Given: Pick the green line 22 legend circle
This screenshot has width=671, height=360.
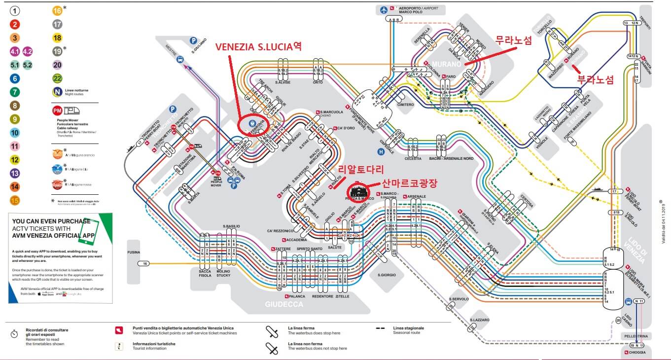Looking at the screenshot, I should pyautogui.click(x=57, y=78).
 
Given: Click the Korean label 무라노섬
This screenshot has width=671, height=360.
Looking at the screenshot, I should pyautogui.click(x=513, y=41).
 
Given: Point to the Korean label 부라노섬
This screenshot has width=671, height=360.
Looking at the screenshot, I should pyautogui.click(x=596, y=79).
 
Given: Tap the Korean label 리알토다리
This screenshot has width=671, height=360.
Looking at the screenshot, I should pyautogui.click(x=360, y=170).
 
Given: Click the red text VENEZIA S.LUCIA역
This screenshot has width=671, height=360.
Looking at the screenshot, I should pyautogui.click(x=258, y=47).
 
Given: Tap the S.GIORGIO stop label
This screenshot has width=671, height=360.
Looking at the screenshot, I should pyautogui.click(x=385, y=275).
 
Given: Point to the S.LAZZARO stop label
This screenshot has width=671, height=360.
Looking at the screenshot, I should pyautogui.click(x=479, y=320).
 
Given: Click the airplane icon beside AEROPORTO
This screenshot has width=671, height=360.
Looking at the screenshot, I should pyautogui.click(x=383, y=9).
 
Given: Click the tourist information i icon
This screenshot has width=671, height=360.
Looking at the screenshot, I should pyautogui.click(x=118, y=347).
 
